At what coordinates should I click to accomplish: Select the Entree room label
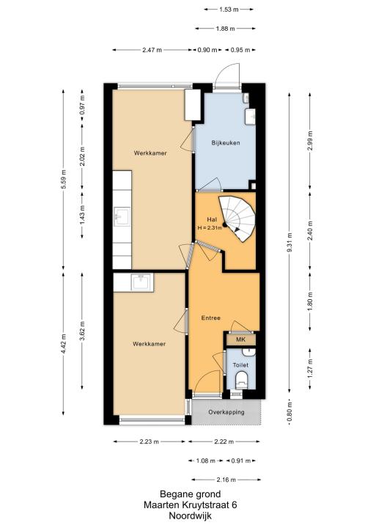point(211,318)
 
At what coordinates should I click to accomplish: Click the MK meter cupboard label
point(240,340)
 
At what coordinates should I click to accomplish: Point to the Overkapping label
point(226,412)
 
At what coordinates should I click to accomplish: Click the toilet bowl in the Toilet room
point(241,380)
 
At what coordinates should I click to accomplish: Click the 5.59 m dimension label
point(63,180)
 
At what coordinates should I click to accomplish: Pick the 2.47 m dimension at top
point(152,50)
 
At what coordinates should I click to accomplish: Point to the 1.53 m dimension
point(229,10)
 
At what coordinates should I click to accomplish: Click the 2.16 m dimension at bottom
point(226,480)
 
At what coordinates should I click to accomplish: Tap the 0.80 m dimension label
point(289,411)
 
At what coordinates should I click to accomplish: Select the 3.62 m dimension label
point(82,331)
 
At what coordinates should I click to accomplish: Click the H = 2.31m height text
point(210,227)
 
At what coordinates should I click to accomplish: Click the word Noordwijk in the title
point(191,516)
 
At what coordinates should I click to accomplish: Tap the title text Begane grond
point(191,494)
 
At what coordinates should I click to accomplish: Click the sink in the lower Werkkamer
point(141,282)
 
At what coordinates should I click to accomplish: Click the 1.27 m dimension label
point(310,368)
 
